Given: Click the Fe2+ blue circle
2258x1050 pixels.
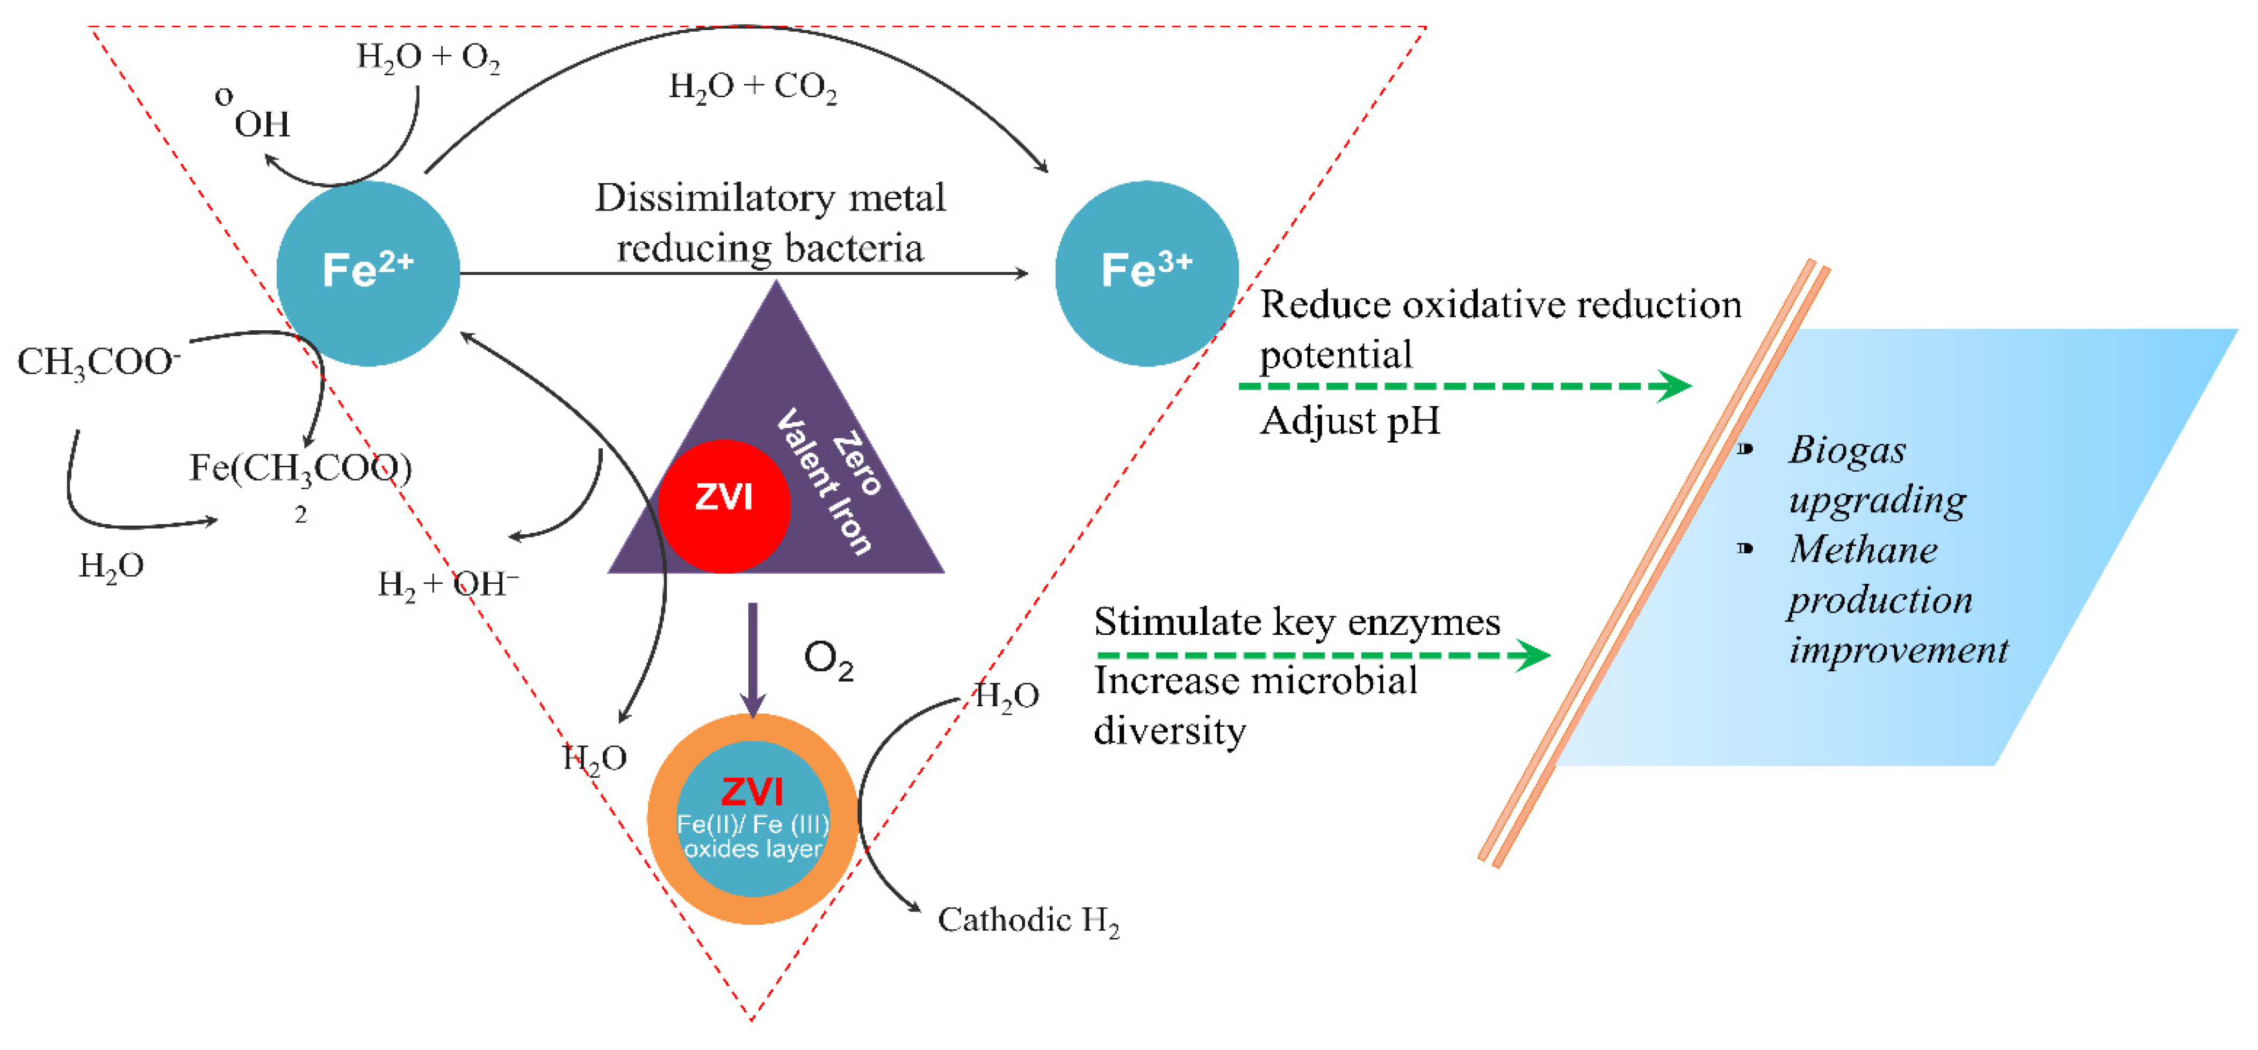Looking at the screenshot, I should pyautogui.click(x=367, y=273).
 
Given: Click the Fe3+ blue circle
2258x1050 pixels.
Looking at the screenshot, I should pyautogui.click(x=1146, y=273).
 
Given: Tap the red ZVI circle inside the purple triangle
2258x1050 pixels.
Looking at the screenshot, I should pyautogui.click(x=724, y=506).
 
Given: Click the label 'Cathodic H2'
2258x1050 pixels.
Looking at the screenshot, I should pyautogui.click(x=1027, y=920).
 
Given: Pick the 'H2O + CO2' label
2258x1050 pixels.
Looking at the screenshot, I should pyautogui.click(x=752, y=87).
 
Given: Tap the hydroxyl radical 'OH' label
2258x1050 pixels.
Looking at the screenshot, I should pyautogui.click(x=261, y=124).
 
